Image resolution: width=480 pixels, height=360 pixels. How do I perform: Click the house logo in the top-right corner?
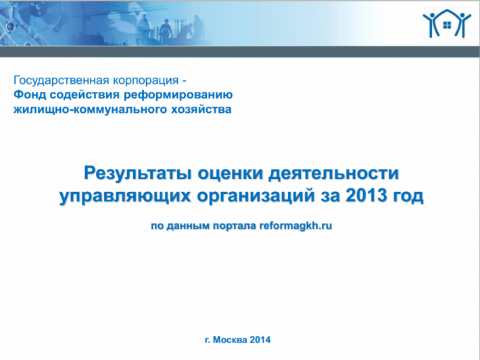tap(447, 23)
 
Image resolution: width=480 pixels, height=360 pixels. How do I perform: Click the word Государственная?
tap(62, 80)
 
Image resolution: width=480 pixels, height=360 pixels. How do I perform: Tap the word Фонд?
tap(30, 94)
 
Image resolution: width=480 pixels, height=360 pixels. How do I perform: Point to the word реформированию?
tap(178, 95)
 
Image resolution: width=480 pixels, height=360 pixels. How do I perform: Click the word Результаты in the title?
tap(138, 174)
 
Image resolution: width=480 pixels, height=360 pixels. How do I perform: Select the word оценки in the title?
tap(231, 174)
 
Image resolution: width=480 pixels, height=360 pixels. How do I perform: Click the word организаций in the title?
tap(256, 196)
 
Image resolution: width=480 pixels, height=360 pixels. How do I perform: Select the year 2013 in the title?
tap(366, 195)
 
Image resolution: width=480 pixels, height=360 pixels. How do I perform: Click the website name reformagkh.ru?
tap(295, 226)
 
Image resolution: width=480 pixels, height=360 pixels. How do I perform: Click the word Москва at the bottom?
tap(230, 340)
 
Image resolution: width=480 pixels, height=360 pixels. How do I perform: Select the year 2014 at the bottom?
tap(260, 340)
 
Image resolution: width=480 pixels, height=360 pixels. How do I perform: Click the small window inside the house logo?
tap(448, 25)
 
